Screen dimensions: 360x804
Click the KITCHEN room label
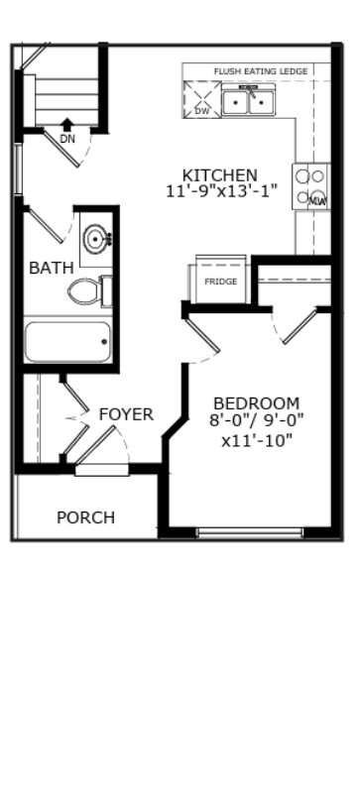click(219, 175)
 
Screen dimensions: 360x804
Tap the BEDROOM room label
click(257, 403)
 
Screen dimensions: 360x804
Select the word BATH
click(52, 268)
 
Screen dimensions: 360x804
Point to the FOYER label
click(126, 414)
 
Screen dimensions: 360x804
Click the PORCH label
click(85, 517)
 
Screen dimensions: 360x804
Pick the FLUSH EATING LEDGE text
click(261, 71)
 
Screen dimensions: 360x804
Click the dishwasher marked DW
click(202, 99)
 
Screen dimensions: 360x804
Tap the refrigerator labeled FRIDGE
click(220, 280)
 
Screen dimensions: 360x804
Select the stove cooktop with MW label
click(311, 186)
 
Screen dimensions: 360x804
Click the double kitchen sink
click(249, 101)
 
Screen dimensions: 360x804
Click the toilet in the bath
click(89, 290)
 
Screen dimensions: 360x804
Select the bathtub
click(67, 341)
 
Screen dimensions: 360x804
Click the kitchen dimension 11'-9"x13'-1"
click(221, 191)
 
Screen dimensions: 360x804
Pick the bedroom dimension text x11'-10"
click(257, 440)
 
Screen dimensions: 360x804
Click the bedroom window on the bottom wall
click(250, 532)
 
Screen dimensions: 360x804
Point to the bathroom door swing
click(48, 225)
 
